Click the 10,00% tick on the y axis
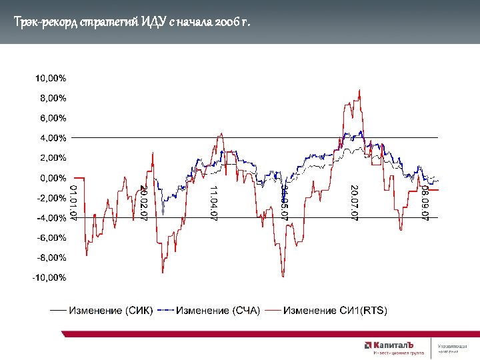(x=51, y=78)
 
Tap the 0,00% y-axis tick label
(x=52, y=178)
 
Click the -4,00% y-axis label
(x=51, y=218)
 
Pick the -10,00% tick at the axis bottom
(x=49, y=277)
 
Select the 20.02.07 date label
(x=143, y=203)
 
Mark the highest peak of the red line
(x=359, y=90)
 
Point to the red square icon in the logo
(x=367, y=345)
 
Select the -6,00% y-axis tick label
(x=51, y=238)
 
